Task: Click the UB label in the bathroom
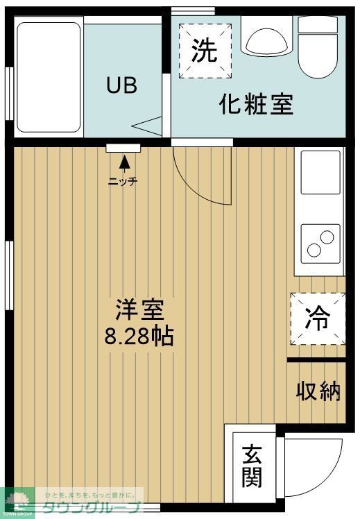coord(121,86)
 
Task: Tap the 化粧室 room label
coord(256,104)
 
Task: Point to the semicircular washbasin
coord(266,41)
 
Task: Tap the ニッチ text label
coord(123,182)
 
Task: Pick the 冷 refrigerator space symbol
coord(318,318)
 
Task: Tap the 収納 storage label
coord(319,391)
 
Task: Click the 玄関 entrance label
coord(251,466)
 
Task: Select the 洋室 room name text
coord(139,308)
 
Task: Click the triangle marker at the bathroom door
coord(148,127)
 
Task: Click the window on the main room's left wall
coord(8,275)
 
